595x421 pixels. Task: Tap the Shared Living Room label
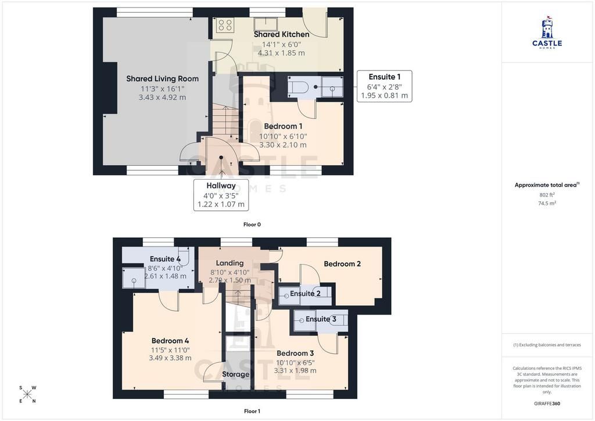163,79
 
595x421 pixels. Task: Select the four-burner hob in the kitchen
225,25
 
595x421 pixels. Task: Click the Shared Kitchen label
281,34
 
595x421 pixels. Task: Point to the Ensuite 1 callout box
384,86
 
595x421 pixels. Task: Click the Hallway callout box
221,195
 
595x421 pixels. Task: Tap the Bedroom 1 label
283,126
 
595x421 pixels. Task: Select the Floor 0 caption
252,224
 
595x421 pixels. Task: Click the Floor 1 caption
252,411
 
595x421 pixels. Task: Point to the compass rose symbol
27,394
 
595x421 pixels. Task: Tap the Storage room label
236,374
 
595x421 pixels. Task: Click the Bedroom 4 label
170,341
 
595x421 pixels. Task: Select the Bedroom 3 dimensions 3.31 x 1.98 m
295,370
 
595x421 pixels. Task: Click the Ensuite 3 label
321,319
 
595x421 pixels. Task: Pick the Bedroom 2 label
342,264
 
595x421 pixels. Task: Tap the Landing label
230,263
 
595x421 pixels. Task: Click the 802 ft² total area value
547,195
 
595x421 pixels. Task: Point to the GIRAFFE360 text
547,403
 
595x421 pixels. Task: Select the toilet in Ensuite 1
298,87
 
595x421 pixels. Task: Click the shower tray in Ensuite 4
133,277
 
